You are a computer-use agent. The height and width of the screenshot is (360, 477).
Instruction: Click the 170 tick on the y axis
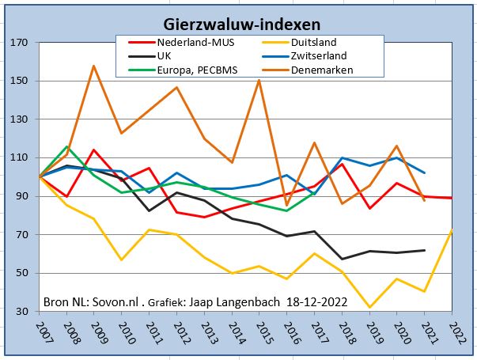coord(17,43)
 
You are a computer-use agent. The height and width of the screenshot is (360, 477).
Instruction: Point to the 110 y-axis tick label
coord(17,157)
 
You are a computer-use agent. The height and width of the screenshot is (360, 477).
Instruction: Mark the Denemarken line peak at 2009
coord(94,66)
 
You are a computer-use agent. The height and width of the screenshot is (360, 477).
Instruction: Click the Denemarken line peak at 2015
coord(259,80)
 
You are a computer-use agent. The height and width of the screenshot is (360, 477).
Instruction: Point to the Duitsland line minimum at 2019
coord(369,307)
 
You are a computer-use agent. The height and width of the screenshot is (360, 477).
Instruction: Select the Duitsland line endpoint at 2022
coord(451,230)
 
